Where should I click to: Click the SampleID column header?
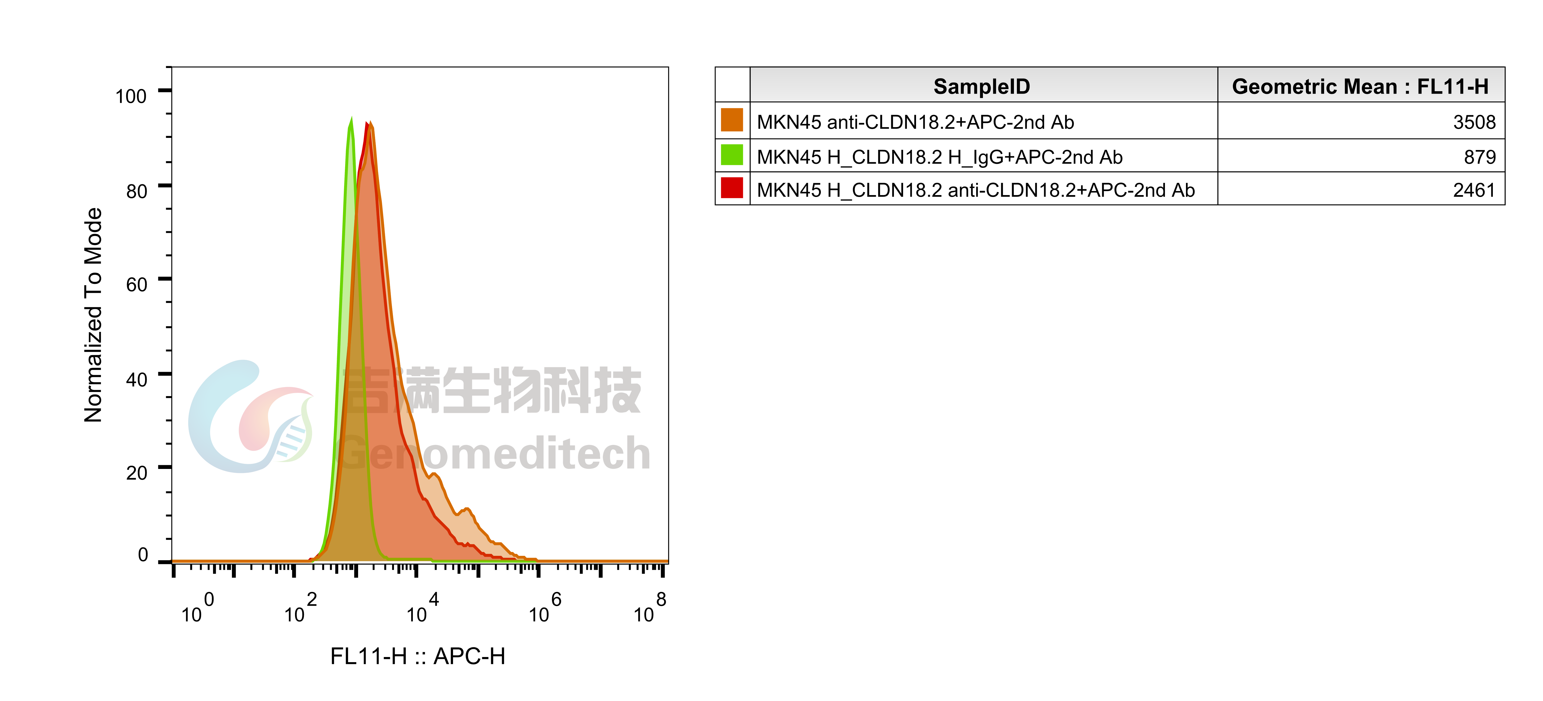click(982, 87)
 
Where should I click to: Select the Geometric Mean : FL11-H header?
click(1360, 87)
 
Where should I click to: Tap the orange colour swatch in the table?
click(732, 120)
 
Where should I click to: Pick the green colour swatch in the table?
click(732, 155)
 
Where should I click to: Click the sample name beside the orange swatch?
click(915, 122)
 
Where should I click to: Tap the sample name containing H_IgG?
click(939, 157)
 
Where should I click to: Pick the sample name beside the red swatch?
click(975, 190)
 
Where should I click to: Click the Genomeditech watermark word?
click(494, 454)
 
